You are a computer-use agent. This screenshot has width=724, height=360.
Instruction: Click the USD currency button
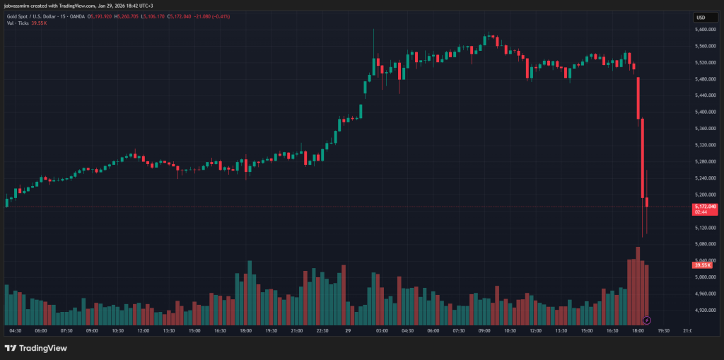tap(701, 18)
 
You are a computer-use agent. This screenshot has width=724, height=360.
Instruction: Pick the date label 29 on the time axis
tap(348, 330)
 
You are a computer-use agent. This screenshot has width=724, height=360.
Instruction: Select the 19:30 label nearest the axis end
tap(662, 330)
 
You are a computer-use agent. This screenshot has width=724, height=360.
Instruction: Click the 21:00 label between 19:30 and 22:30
tap(297, 330)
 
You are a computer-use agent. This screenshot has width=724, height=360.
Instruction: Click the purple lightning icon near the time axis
tap(647, 320)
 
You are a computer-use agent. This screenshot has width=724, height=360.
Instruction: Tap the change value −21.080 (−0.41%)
tap(214, 16)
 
